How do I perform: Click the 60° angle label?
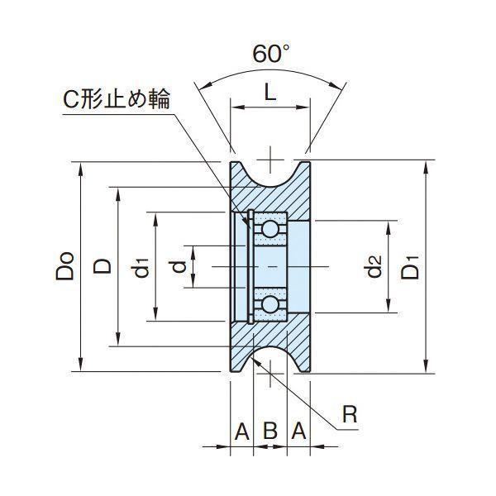[271, 53]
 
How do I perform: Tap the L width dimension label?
[269, 93]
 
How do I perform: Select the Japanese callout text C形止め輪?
[117, 99]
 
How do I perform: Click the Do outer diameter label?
[65, 266]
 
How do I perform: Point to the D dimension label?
[103, 266]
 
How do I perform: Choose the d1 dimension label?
[140, 268]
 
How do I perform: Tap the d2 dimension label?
[374, 266]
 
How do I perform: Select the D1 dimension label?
[410, 267]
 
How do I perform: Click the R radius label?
[350, 414]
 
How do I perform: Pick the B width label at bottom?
[270, 431]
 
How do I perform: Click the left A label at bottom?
[242, 431]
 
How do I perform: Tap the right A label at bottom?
[298, 431]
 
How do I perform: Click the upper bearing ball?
[269, 229]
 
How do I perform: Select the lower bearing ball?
[269, 304]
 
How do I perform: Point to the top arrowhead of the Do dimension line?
[81, 169]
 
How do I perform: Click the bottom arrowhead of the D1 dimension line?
[427, 367]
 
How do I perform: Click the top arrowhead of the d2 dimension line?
[389, 227]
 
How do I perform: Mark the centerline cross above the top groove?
[269, 160]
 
